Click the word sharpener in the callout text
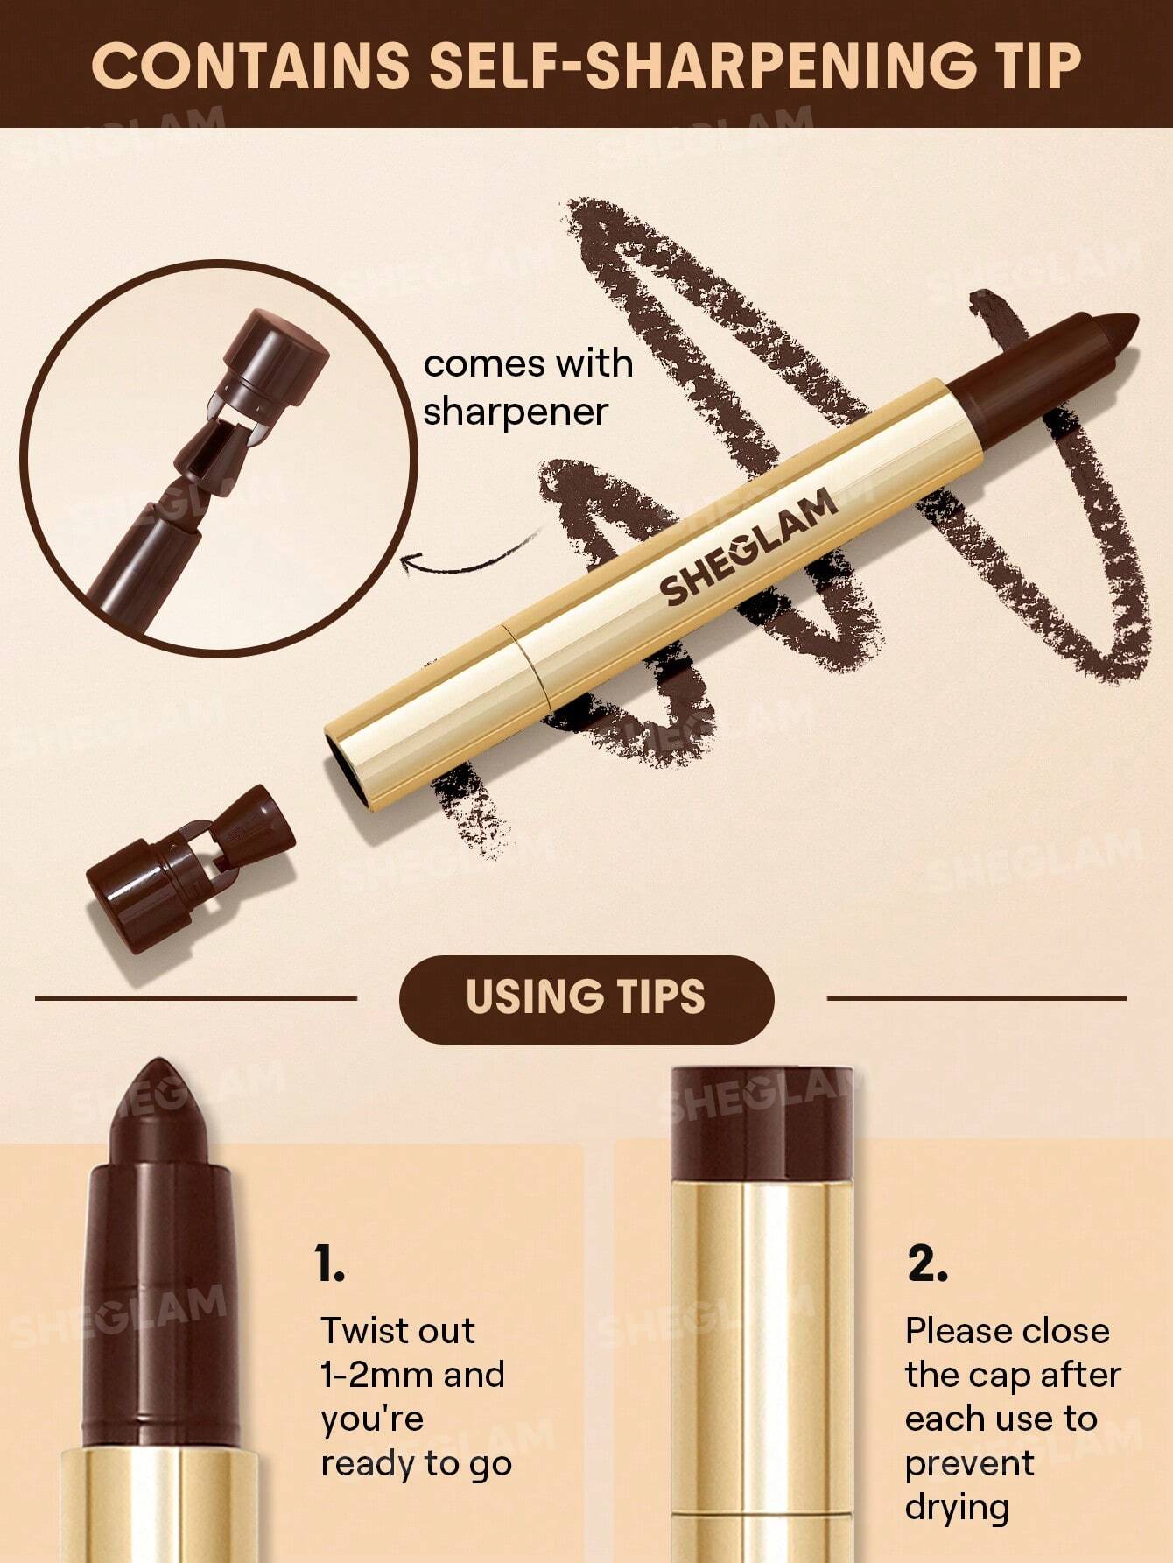[516, 412]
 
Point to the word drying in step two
[957, 1508]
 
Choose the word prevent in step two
[970, 1463]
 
